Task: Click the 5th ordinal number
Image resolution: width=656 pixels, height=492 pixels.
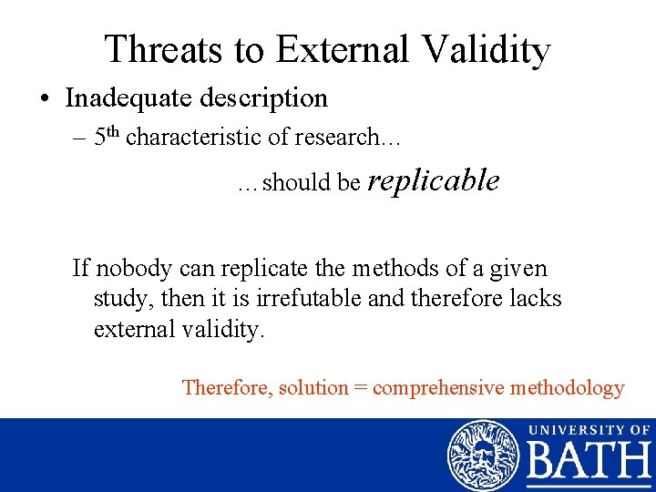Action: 107,137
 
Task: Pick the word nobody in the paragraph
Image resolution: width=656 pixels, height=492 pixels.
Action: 135,268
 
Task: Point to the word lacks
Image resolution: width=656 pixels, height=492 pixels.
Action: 536,298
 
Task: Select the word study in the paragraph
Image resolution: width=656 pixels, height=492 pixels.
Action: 123,298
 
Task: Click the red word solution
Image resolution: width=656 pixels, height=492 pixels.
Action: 313,387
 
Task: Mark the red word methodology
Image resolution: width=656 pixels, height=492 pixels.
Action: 567,387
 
